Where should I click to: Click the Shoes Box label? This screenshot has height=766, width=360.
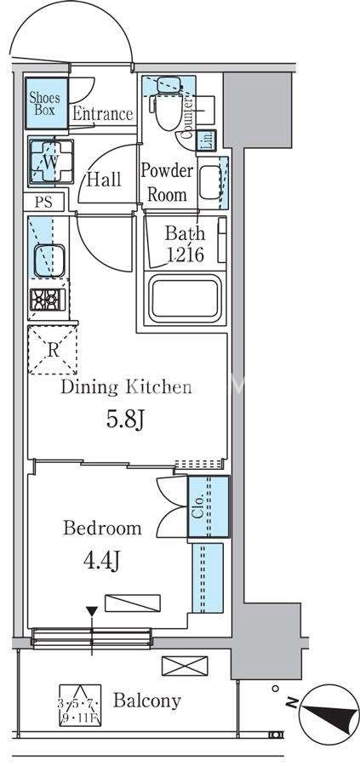pos(45,103)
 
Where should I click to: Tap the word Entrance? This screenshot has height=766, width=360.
pos(103,114)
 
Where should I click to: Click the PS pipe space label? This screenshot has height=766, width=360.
pos(44,202)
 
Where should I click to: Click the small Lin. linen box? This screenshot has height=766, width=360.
pos(206,140)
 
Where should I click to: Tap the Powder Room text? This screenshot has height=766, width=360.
pos(167,183)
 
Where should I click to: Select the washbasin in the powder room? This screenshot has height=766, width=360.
pos(211,182)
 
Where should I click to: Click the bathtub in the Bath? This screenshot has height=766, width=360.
pos(186,299)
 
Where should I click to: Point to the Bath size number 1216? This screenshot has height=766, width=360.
pos(184,254)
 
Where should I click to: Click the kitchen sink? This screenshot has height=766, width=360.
pos(49,260)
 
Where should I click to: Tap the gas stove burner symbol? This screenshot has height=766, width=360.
pos(48,300)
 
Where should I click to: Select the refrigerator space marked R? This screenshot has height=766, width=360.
pos(52,351)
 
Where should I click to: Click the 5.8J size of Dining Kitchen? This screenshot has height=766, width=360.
pos(125,420)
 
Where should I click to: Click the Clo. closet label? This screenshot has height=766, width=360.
pos(198,506)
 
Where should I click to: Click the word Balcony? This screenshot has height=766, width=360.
pos(147,701)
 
